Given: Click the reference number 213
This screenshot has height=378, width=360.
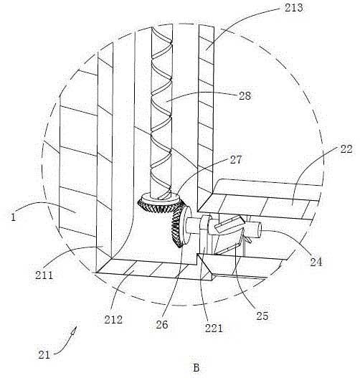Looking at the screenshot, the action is tap(293, 8).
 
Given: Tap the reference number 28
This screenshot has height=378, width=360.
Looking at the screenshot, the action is tap(245, 96).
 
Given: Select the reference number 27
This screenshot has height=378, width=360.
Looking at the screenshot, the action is tap(236, 160).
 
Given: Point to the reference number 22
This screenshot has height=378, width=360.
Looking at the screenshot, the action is tap(346, 149).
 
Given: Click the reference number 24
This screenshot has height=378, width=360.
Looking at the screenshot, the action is tap(316, 262).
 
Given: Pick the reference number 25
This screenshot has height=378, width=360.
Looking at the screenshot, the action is tap(262, 316).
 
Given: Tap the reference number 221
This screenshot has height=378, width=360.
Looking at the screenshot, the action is tap(214, 329).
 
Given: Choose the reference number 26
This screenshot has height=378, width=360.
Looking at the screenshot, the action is tap(161, 324).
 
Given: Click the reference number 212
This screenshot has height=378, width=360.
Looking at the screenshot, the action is tap(113, 319).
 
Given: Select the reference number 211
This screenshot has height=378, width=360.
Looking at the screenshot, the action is tap(44, 275).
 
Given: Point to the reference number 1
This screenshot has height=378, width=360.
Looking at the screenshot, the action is tap(14, 217).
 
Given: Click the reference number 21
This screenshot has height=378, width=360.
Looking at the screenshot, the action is tap(44, 355).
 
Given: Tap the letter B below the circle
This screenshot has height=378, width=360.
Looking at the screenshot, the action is tap(196, 368).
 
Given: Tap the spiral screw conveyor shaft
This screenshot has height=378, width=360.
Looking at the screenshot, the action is tap(161, 111).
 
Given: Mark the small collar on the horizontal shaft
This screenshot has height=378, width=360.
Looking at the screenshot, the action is tap(205, 222).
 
